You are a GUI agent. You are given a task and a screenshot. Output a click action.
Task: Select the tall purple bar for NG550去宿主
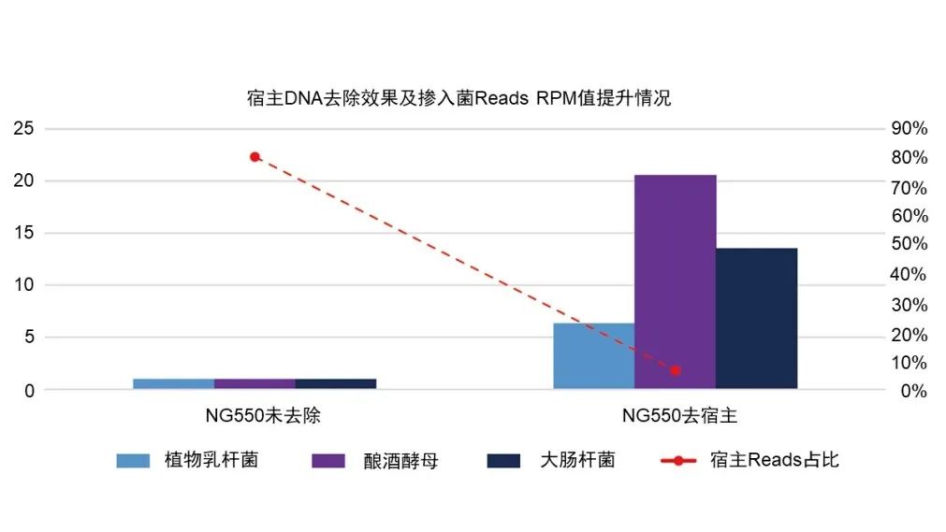pyautogui.click(x=675, y=280)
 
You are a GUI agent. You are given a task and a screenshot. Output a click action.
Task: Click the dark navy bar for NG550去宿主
pyautogui.click(x=756, y=318)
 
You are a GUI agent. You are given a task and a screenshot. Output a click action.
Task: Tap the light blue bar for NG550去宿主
pyautogui.click(x=593, y=355)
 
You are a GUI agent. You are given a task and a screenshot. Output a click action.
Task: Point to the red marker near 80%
pyautogui.click(x=255, y=156)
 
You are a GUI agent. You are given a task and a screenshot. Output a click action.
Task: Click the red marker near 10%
pyautogui.click(x=676, y=370)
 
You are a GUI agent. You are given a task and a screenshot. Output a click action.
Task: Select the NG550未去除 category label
pyautogui.click(x=255, y=414)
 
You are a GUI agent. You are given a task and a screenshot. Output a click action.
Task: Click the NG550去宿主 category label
pyautogui.click(x=674, y=414)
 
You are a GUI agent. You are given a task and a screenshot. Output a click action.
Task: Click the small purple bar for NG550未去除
pyautogui.click(x=255, y=383)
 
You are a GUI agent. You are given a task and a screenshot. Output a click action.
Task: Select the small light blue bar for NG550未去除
pyautogui.click(x=173, y=383)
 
